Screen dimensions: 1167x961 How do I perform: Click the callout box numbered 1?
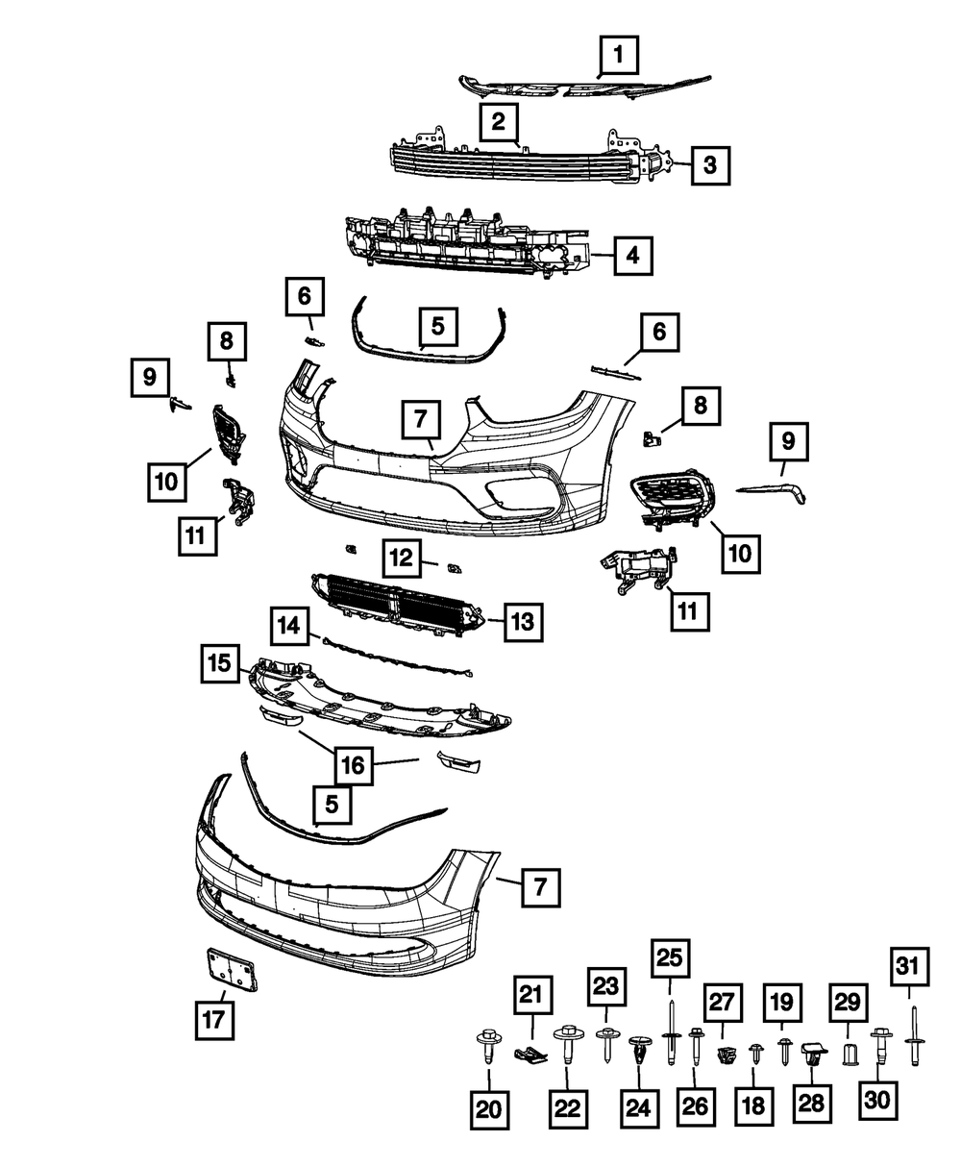click(619, 56)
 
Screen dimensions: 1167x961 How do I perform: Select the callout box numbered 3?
click(708, 165)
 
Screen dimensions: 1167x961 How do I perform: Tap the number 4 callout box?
click(630, 256)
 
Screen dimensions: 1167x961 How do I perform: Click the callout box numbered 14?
click(290, 625)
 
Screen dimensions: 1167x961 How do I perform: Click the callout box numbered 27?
click(725, 1005)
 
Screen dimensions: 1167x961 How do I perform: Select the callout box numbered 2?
click(498, 121)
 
